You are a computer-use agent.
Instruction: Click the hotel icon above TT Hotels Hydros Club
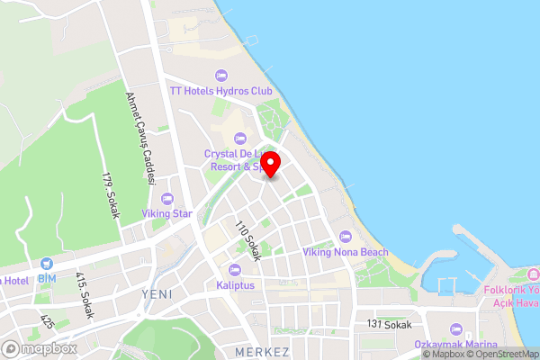pos(221,75)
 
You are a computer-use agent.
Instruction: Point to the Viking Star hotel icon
pos(166,198)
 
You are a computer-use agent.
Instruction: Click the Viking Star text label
pos(166,214)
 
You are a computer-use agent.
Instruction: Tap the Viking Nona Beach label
pos(346,252)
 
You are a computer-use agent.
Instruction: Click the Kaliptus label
pos(235,285)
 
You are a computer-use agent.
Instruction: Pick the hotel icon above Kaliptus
pos(235,269)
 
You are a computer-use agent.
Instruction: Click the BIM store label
pos(47,279)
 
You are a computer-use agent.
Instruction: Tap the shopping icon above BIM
pos(47,263)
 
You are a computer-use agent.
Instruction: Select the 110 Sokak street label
pos(247,241)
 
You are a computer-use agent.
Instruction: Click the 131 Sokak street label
pos(389,324)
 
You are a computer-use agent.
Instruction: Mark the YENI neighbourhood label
pos(156,294)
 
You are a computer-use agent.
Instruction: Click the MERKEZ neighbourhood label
pos(261,350)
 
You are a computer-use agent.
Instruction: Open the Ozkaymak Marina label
pos(455,345)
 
